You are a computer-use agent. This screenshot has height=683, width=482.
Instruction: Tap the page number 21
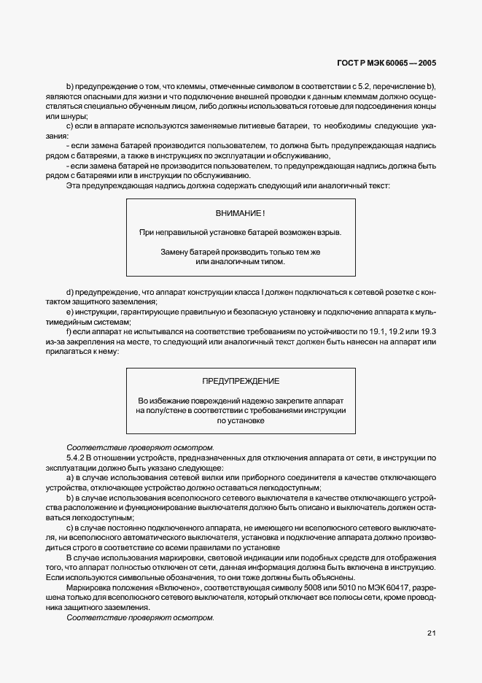[431, 633]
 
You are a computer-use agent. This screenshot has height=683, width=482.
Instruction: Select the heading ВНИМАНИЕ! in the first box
[241, 213]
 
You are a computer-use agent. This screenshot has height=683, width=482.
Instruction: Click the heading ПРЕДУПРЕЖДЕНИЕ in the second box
[241, 382]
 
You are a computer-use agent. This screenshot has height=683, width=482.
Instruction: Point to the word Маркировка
[88, 587]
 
